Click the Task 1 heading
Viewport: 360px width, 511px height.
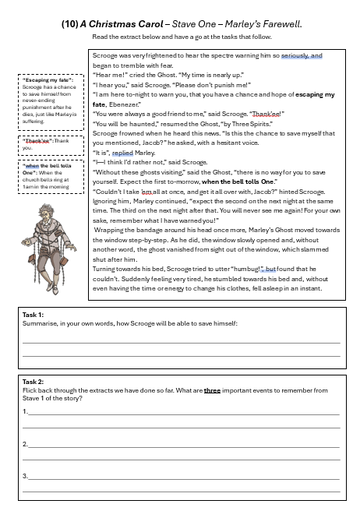(34, 313)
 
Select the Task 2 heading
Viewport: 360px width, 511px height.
(34, 382)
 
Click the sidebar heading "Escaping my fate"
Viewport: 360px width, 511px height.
(46, 79)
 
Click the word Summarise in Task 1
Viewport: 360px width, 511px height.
(41, 322)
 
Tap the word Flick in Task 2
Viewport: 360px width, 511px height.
(30, 390)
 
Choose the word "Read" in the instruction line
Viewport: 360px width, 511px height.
(100, 37)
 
